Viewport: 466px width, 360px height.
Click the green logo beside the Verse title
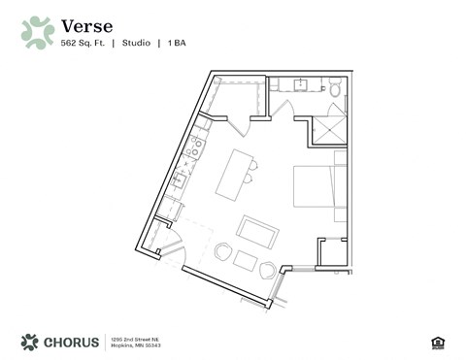(37, 32)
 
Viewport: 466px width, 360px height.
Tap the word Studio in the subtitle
(136, 44)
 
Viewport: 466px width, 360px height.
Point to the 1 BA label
(176, 44)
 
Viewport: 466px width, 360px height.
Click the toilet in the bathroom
(335, 89)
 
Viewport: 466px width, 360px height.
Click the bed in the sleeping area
(318, 187)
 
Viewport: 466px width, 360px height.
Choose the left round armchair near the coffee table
(223, 252)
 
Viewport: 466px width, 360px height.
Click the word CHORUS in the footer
(73, 341)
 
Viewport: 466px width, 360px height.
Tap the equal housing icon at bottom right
(434, 341)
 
